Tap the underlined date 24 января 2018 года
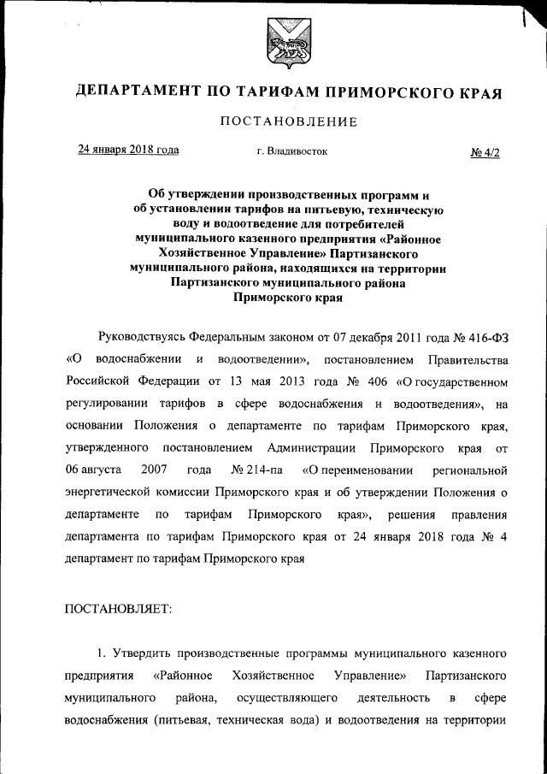129,150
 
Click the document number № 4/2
484,152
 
